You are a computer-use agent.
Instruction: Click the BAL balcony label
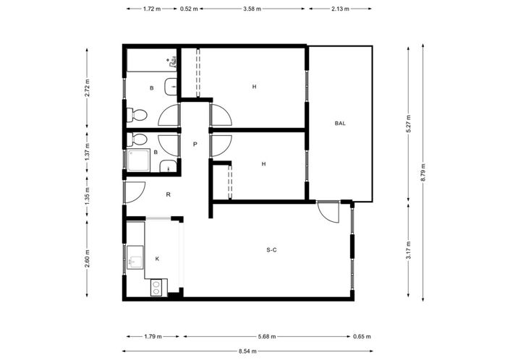click(340, 123)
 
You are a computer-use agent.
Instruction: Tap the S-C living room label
click(271, 250)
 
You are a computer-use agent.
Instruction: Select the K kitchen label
click(158, 259)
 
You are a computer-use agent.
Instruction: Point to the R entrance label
click(168, 194)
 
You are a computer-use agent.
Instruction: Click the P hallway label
click(195, 144)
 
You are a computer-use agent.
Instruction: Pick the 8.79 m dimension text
click(423, 173)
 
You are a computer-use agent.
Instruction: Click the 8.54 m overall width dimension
click(247, 351)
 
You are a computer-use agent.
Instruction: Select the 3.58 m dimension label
click(252, 9)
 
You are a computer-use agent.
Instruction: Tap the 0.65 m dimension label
click(362, 336)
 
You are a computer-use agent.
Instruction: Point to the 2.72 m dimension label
click(87, 87)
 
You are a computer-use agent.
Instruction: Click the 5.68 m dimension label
click(267, 336)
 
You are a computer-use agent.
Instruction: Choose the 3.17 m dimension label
click(409, 249)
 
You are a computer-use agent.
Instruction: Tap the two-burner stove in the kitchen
click(156, 287)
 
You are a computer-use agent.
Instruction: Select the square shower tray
click(139, 160)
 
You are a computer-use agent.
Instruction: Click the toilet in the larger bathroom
click(137, 115)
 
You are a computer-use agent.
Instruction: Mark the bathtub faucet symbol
click(171, 61)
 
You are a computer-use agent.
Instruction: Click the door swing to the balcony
click(328, 212)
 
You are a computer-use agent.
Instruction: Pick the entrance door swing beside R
click(135, 192)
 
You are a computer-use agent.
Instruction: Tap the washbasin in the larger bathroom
click(171, 87)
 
